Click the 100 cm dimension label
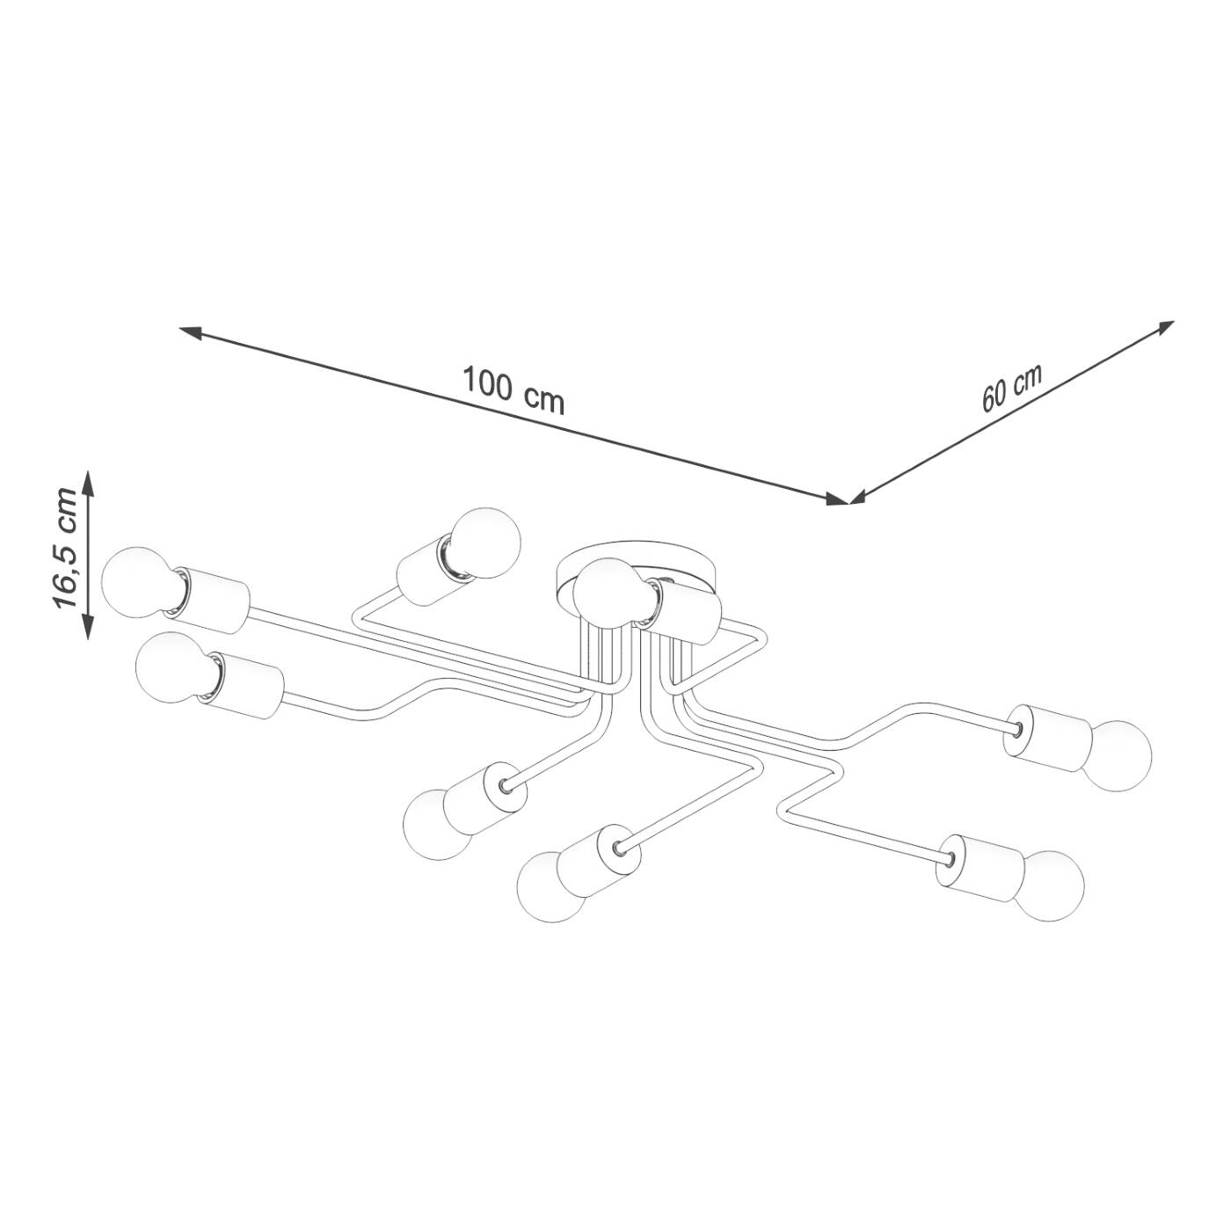514,390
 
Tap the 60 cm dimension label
1011,387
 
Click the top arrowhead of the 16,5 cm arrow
88,479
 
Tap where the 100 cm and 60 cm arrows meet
849,502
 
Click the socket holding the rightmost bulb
1051,738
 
